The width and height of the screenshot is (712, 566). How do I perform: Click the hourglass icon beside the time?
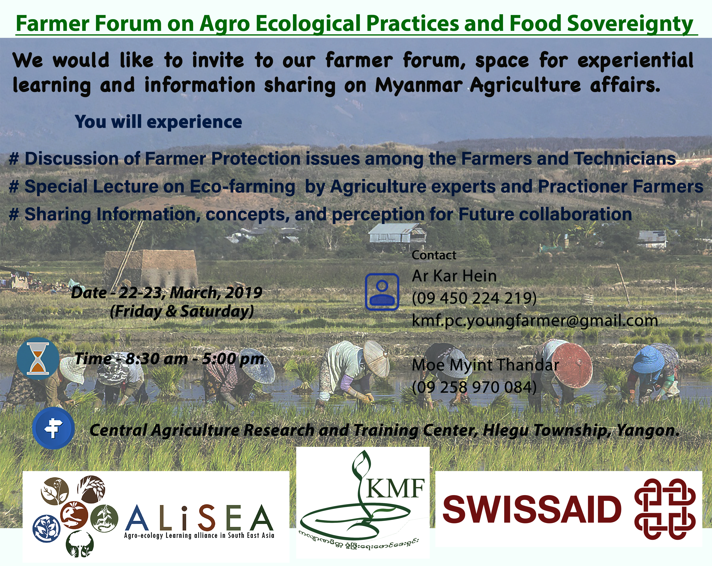38,359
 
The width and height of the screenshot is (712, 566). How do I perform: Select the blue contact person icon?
382,292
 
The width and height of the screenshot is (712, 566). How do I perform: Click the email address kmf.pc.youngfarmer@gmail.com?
535,321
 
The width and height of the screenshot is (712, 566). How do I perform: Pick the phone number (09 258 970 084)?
474,387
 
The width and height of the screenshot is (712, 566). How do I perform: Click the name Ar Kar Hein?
454,276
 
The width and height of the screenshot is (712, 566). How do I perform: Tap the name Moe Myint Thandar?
485,365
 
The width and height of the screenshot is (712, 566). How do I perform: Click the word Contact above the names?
434,255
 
